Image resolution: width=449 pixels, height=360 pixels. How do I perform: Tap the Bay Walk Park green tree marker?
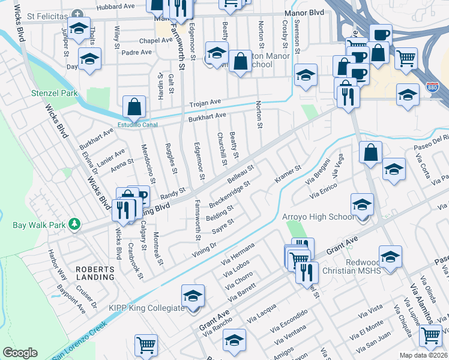click(74, 225)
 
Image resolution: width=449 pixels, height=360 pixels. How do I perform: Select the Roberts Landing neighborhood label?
click(95, 273)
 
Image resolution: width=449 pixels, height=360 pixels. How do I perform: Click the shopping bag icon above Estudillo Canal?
click(134, 107)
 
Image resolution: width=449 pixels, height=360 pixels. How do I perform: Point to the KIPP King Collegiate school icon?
click(193, 296)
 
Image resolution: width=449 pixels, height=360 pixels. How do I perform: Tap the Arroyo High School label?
click(318, 217)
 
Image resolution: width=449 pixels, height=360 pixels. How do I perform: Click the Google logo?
click(20, 353)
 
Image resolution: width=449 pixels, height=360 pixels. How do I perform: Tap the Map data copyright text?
click(424, 355)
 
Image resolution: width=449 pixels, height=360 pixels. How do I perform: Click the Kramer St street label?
click(287, 173)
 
